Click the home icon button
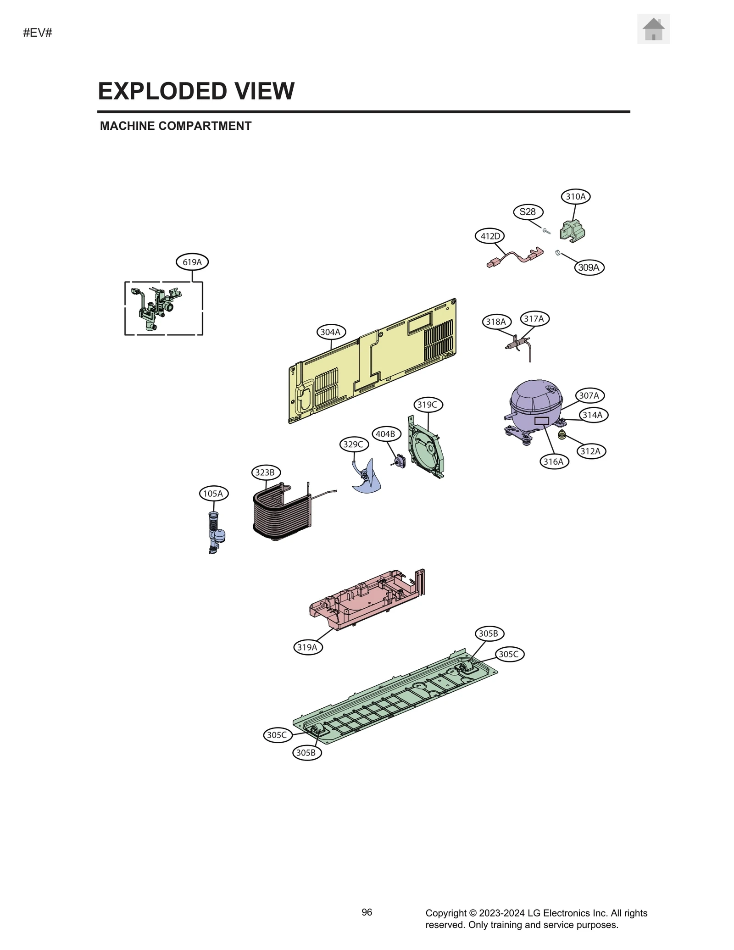pyautogui.click(x=653, y=29)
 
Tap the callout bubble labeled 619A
pyautogui.click(x=192, y=262)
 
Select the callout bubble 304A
pyautogui.click(x=330, y=332)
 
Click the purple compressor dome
pyautogui.click(x=535, y=397)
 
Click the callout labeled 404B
pyautogui.click(x=385, y=434)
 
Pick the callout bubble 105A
pyautogui.click(x=213, y=494)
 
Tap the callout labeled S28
pyautogui.click(x=528, y=212)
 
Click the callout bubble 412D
pyautogui.click(x=489, y=236)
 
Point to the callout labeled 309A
pyautogui.click(x=589, y=267)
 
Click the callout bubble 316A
pyautogui.click(x=553, y=461)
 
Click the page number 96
pyautogui.click(x=367, y=912)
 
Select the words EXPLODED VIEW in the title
pyautogui.click(x=196, y=91)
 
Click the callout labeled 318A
pyautogui.click(x=496, y=322)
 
